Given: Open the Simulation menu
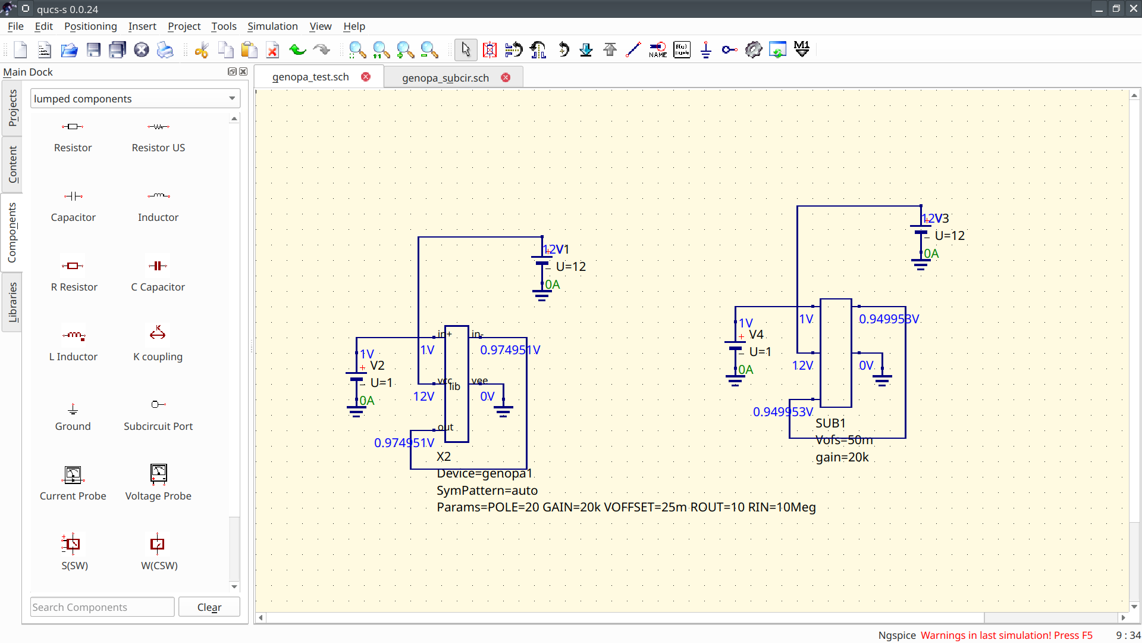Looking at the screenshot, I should point(272,26).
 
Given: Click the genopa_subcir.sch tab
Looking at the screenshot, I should point(445,78).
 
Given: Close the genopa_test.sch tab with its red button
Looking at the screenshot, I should point(366,77).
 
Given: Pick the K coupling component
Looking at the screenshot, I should point(158,342).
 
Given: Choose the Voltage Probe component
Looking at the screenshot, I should point(158,482).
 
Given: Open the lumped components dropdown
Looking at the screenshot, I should point(135,99).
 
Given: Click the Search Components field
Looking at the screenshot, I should point(102,607).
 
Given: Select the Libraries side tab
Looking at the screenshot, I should point(12,302).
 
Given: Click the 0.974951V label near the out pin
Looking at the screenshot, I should point(404,443).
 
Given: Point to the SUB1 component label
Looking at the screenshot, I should point(830,423).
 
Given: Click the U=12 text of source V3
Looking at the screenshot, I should point(949,236).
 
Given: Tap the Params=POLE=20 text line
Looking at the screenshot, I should point(626,507).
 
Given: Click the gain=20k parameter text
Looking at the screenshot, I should point(842,457).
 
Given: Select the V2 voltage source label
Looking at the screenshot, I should point(377,366).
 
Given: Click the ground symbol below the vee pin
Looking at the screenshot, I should point(503,410).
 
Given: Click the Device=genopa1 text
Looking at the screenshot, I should point(484,473).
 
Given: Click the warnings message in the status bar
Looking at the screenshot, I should point(1006,635).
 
